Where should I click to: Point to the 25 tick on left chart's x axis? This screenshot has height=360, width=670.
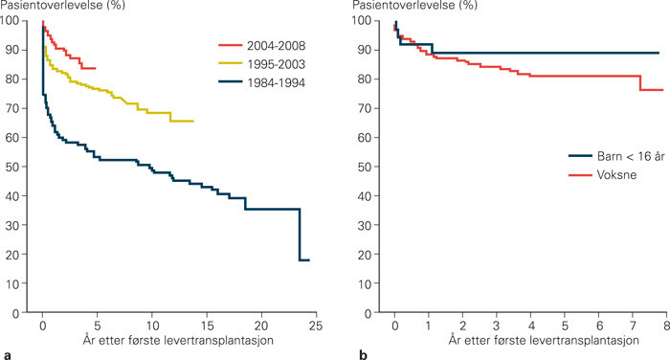[311, 326]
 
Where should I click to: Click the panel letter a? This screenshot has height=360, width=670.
[8, 353]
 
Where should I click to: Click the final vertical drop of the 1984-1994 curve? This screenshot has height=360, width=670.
[301, 235]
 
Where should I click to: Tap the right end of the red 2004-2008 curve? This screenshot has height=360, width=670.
[95, 69]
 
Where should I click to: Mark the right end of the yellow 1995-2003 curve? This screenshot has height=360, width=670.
[193, 122]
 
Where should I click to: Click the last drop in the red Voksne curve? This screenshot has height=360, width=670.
[640, 83]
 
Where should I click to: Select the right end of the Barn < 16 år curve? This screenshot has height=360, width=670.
[659, 54]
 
